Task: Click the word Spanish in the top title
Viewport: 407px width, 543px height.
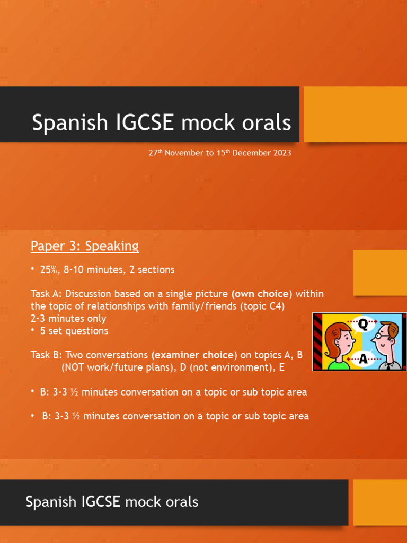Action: [63, 122]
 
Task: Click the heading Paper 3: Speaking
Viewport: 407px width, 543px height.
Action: [85, 246]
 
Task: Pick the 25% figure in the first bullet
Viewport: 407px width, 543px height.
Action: [49, 270]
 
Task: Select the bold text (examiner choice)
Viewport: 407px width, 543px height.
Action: [194, 355]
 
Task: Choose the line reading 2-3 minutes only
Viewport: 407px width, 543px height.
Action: [68, 319]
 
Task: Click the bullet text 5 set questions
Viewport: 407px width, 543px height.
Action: [74, 331]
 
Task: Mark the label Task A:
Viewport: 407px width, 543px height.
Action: [47, 294]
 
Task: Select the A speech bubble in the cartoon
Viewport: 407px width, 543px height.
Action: [363, 359]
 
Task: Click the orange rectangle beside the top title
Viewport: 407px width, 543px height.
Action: [355, 115]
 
